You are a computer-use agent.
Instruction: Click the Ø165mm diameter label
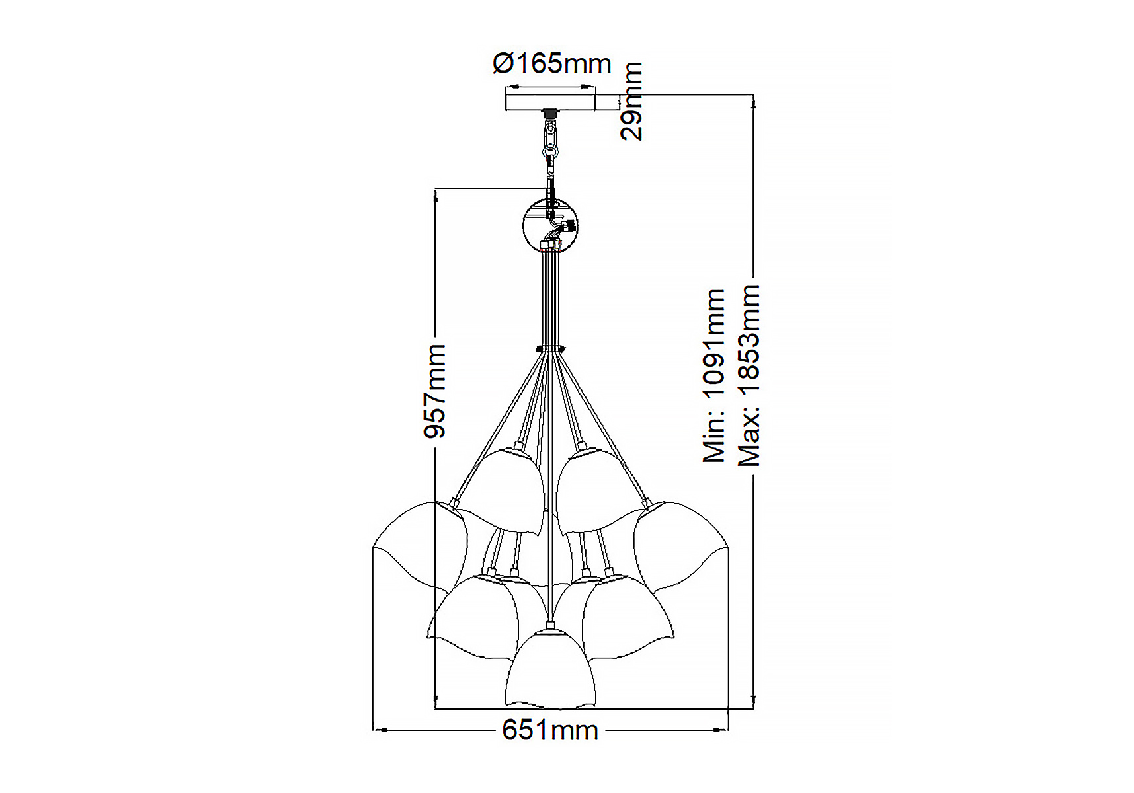point(552,63)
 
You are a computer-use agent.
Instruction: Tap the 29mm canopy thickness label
point(631,100)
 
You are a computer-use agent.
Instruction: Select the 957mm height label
point(435,391)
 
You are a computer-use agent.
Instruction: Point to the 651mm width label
point(550,730)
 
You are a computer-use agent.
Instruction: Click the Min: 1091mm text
point(714,375)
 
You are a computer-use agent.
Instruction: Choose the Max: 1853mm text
point(749,376)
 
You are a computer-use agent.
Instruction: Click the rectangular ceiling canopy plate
point(550,102)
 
